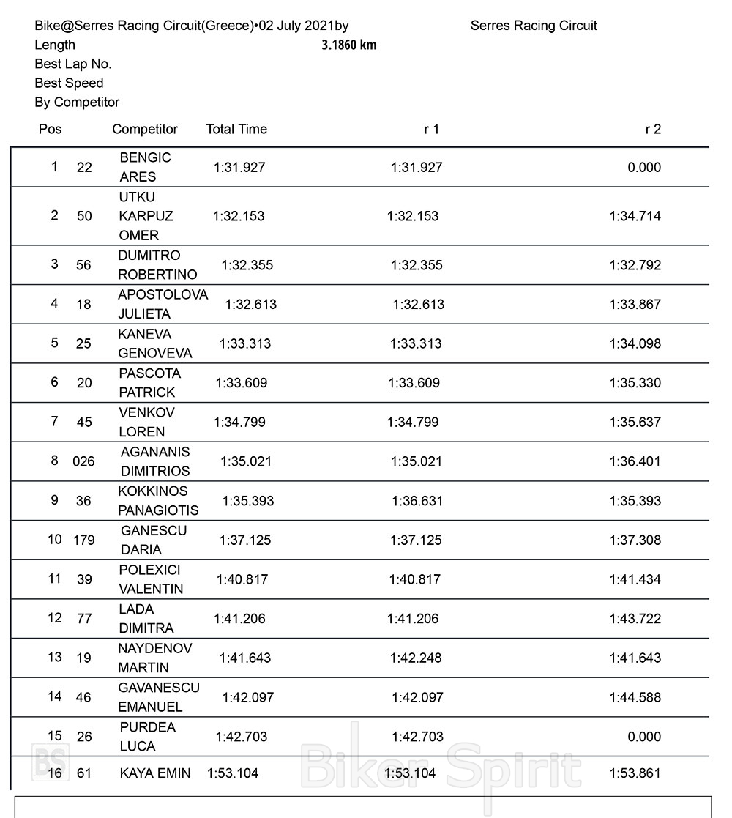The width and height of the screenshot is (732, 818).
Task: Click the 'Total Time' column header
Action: pyautogui.click(x=236, y=129)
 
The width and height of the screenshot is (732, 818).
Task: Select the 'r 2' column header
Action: pyautogui.click(x=652, y=129)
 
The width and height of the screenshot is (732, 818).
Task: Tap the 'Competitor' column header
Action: pyautogui.click(x=145, y=129)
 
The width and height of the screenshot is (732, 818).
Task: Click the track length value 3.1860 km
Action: pyautogui.click(x=349, y=45)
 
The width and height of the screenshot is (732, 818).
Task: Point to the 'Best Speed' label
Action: pyautogui.click(x=69, y=83)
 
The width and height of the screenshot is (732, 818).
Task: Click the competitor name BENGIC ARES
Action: pyautogui.click(x=145, y=167)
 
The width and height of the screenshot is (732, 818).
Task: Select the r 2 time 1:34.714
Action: pyautogui.click(x=635, y=216)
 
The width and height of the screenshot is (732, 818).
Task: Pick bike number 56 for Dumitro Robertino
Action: pyautogui.click(x=84, y=265)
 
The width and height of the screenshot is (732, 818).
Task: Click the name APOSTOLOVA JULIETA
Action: pyautogui.click(x=163, y=304)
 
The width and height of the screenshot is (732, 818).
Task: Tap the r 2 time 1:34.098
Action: pyautogui.click(x=635, y=343)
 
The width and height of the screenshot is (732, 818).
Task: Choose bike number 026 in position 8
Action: pyautogui.click(x=83, y=461)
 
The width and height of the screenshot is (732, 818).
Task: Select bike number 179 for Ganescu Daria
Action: pyautogui.click(x=84, y=540)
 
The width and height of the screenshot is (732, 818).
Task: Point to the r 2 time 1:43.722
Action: pyautogui.click(x=635, y=619)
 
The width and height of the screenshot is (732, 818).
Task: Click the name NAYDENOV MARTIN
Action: pyautogui.click(x=154, y=658)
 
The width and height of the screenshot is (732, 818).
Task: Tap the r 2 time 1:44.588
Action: pyautogui.click(x=635, y=697)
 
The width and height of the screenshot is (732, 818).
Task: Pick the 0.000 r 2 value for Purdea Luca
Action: pyautogui.click(x=644, y=737)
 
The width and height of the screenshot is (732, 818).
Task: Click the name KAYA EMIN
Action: pyautogui.click(x=155, y=773)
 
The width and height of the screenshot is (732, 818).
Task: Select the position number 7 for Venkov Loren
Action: pyautogui.click(x=54, y=421)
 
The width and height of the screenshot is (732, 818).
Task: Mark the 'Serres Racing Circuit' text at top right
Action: pyautogui.click(x=534, y=26)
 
